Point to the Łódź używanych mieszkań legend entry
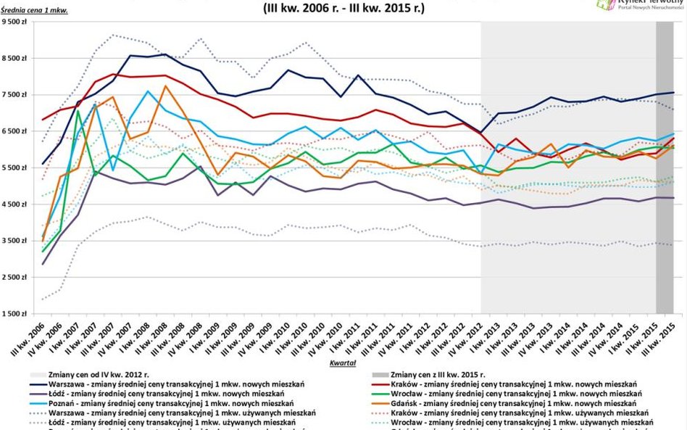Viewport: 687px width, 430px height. click(164, 422)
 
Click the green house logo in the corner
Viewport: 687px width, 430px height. click(605, 5)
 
